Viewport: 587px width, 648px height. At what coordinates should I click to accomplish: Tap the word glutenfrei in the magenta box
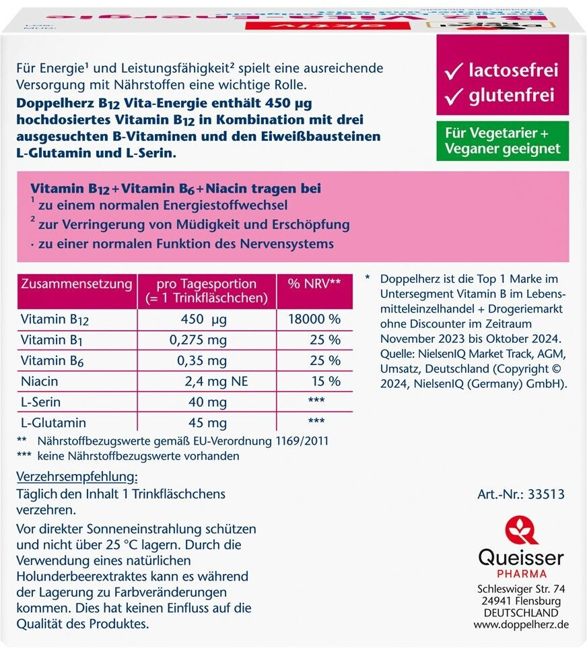coord(512,96)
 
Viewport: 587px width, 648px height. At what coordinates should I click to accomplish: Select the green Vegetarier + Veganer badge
coord(502,141)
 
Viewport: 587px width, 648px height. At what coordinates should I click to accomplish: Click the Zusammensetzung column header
coord(76,284)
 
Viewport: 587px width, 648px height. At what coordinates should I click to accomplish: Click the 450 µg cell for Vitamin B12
coord(207,319)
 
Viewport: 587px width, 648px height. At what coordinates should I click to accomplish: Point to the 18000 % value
coord(314,319)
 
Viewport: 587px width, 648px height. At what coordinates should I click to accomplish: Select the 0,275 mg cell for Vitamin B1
coord(207,339)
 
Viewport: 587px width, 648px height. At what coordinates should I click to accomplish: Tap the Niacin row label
coord(40,381)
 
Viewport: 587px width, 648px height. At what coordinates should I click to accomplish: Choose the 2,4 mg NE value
coord(216,381)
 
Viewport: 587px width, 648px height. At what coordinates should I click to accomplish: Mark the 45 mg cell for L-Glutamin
coord(207,423)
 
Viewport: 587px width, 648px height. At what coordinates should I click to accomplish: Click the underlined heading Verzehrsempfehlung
coord(76,478)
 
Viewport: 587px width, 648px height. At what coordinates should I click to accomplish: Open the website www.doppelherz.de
coord(521,624)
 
